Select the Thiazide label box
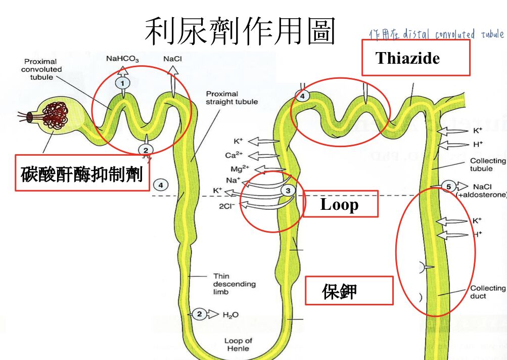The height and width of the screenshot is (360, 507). coord(416,58)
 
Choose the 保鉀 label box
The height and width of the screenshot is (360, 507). coord(349,291)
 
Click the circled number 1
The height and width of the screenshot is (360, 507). coord(122,82)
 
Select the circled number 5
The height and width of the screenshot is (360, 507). coord(448,187)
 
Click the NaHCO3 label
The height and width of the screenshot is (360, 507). coord(122,59)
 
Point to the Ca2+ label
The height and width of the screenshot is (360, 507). coord(234,155)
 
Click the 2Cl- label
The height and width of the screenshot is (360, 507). coord(226,205)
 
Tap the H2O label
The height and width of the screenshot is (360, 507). coord(231,315)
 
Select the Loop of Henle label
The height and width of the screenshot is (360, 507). coord(238,344)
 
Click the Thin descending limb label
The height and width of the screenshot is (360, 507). coord(227,284)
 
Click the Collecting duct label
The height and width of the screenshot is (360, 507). coord(488,292)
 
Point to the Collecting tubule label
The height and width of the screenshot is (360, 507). coord(488,164)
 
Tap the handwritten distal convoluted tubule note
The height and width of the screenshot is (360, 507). coord(437,34)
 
